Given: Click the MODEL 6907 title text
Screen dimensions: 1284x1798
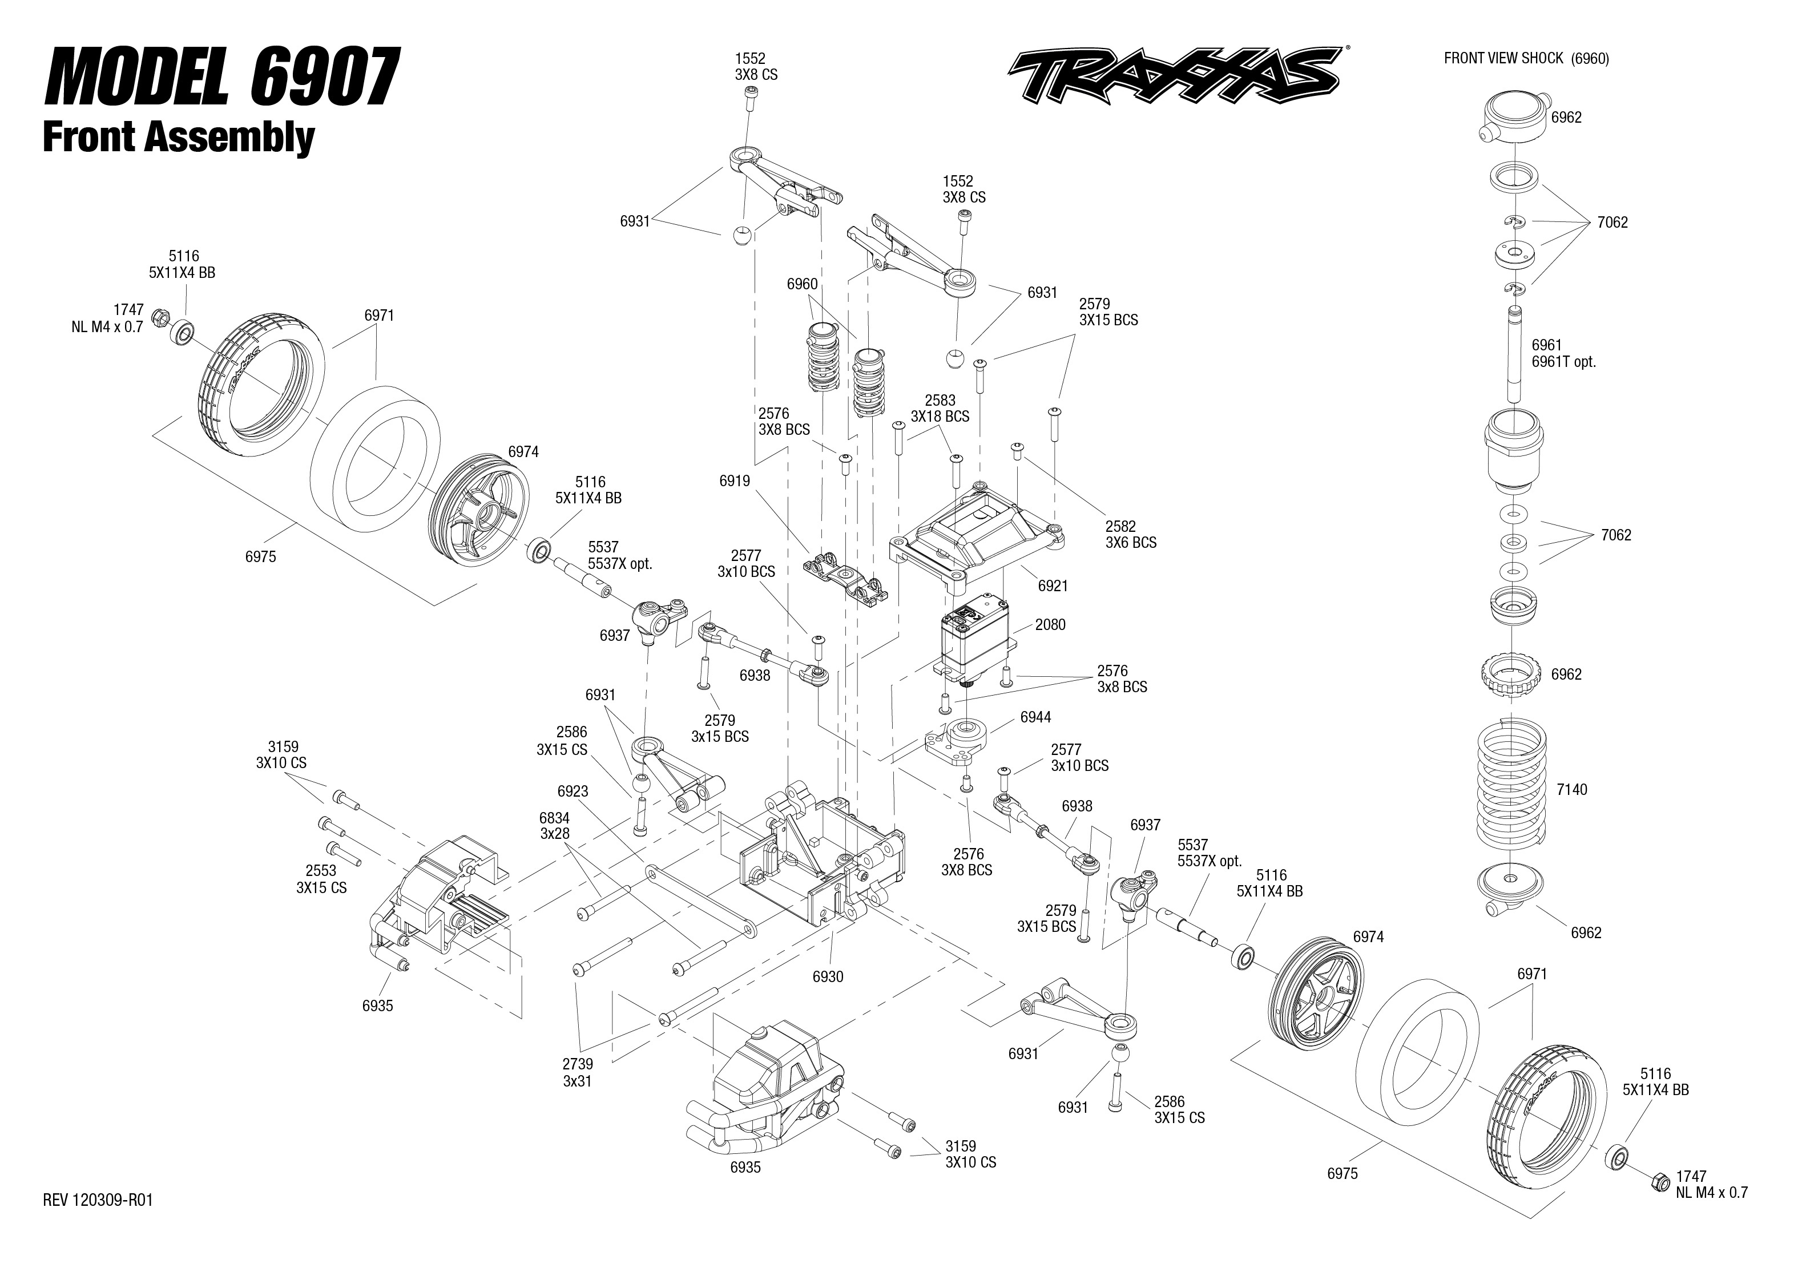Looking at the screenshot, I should tap(222, 78).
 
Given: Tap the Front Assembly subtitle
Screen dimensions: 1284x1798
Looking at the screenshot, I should tap(178, 137).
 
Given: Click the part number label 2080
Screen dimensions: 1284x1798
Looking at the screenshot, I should tap(1050, 625).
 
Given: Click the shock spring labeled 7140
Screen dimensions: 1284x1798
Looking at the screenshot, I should tap(1511, 790).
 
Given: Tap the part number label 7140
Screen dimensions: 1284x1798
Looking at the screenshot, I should tap(1571, 790).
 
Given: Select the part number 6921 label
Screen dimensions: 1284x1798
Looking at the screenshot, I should tap(1053, 586).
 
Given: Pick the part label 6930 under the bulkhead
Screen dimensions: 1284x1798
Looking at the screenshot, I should tap(828, 976).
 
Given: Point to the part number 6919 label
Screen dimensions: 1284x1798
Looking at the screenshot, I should tap(735, 481).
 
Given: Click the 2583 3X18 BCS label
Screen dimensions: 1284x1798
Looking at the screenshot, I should tap(940, 409).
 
